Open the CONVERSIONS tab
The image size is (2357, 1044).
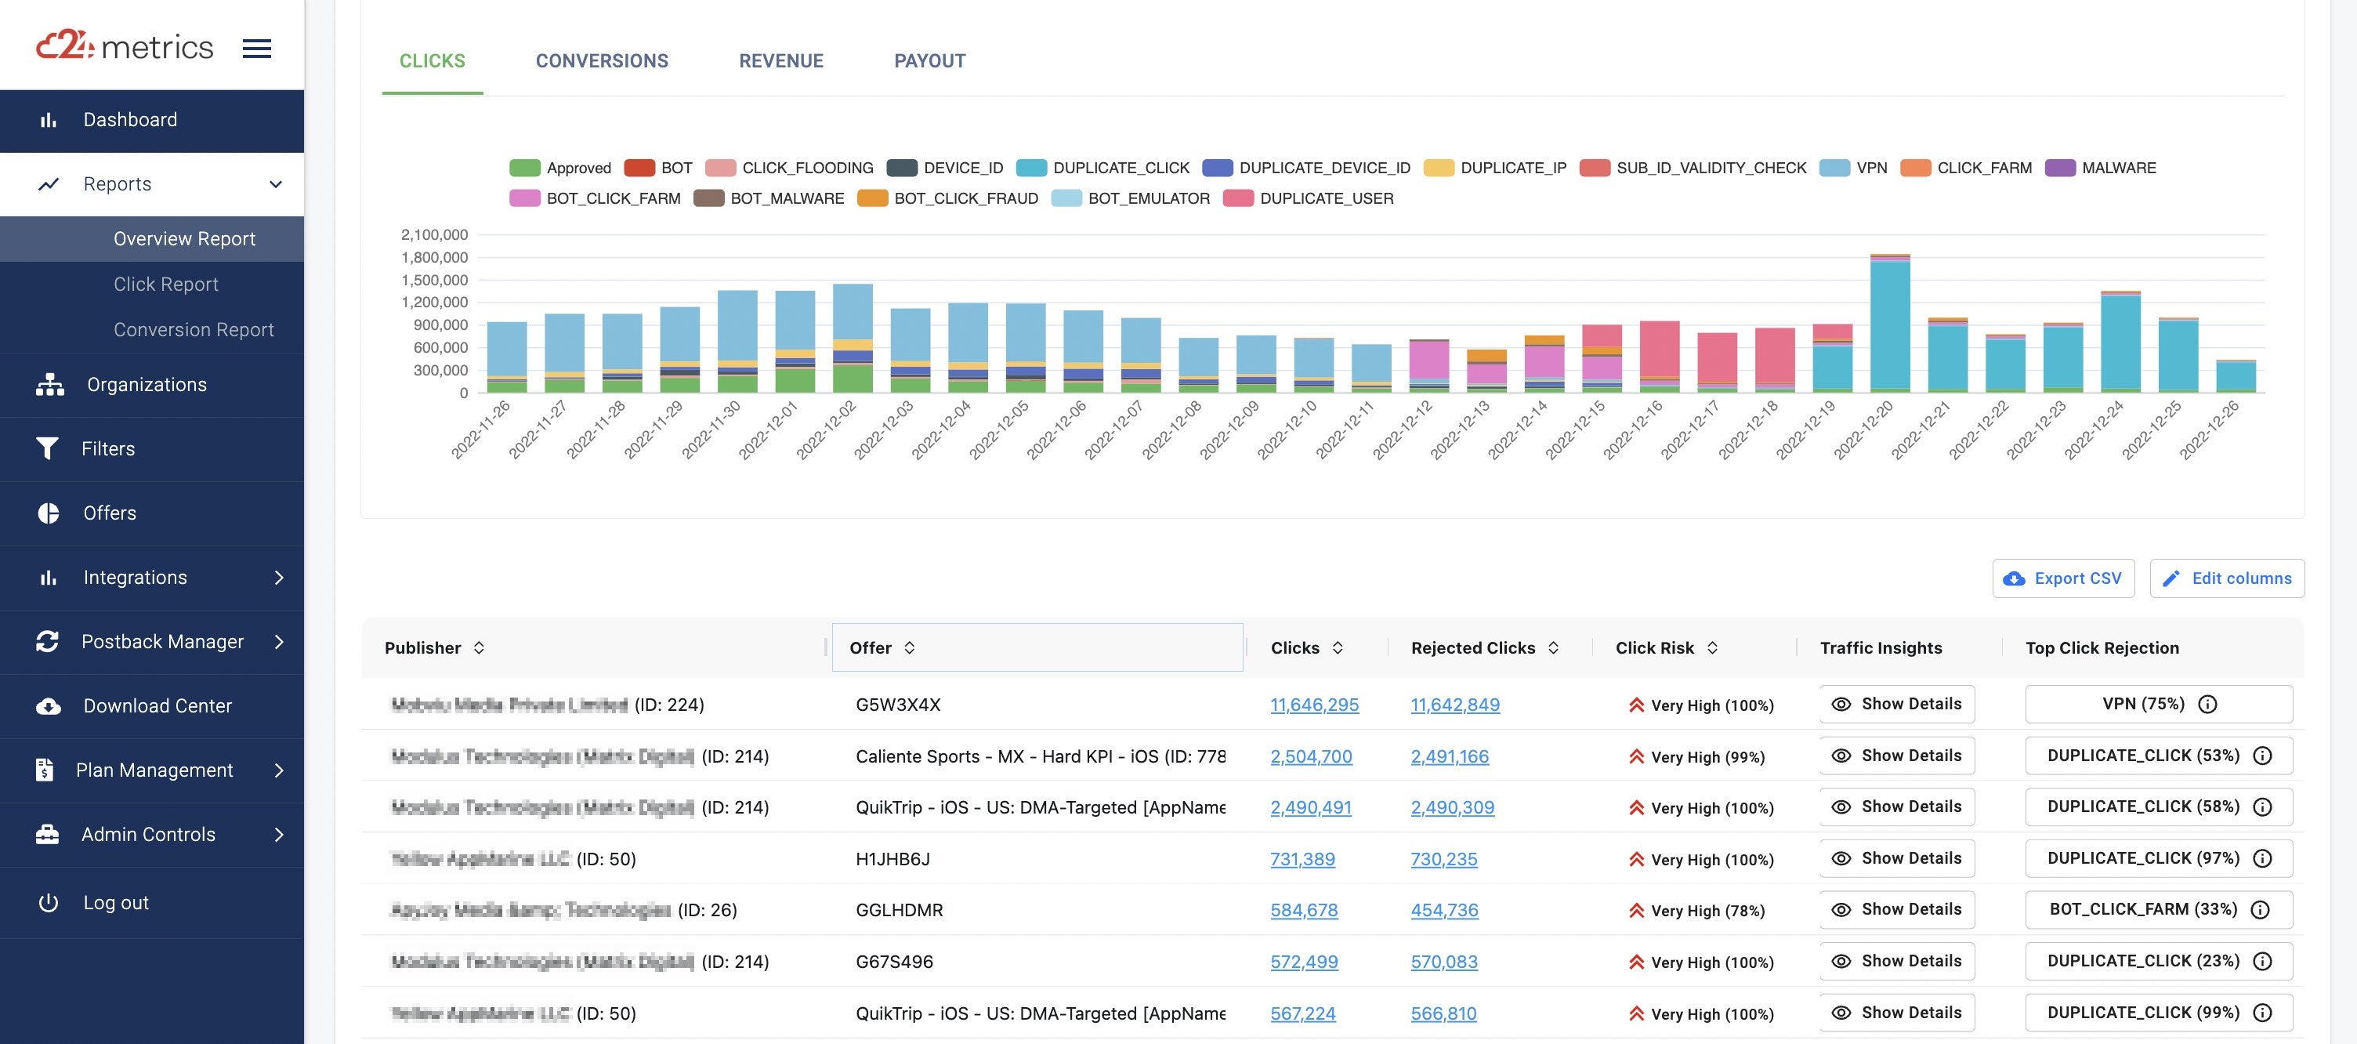(x=601, y=61)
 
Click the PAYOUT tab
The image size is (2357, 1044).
(x=929, y=61)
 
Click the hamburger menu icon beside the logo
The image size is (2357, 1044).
(x=256, y=49)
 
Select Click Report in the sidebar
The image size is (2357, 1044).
(x=165, y=285)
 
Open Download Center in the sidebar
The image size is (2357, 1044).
(x=157, y=706)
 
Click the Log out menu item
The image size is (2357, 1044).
(x=115, y=903)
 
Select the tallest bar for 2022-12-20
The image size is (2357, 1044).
(x=1889, y=324)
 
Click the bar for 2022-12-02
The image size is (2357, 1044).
(x=852, y=339)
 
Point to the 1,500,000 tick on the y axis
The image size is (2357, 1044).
(x=435, y=280)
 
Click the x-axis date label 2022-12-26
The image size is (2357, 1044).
(x=2208, y=431)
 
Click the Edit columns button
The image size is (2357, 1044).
(x=2226, y=579)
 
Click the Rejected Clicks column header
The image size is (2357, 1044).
(x=1472, y=649)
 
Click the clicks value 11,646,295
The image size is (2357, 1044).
(x=1314, y=705)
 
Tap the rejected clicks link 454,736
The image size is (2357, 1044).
(x=1444, y=911)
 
